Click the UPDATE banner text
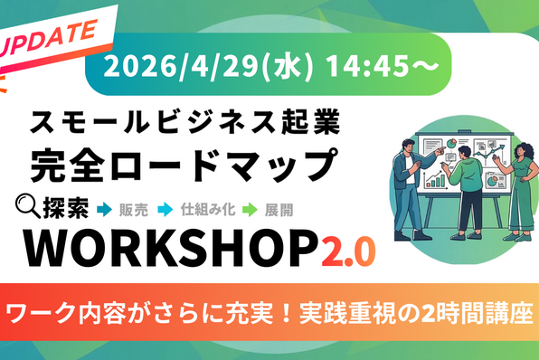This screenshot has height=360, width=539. pyautogui.click(x=48, y=38)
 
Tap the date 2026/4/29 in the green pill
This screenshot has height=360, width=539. pyautogui.click(x=181, y=65)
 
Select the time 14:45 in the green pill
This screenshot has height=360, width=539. pyautogui.click(x=367, y=65)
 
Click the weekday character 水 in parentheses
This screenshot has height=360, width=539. pyautogui.click(x=288, y=66)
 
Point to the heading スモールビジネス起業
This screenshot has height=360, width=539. pyautogui.click(x=184, y=122)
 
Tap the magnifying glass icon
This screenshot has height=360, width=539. pyautogui.click(x=28, y=206)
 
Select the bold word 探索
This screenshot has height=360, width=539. pyautogui.click(x=66, y=208)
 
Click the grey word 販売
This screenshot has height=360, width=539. pyautogui.click(x=134, y=210)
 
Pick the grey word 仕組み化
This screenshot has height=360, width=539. pyautogui.click(x=208, y=210)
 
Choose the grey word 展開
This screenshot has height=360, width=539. pyautogui.click(x=279, y=210)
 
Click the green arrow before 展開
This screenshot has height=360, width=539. pyautogui.click(x=250, y=210)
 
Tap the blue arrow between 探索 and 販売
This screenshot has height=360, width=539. pyautogui.click(x=105, y=210)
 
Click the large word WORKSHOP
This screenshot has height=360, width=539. pyautogui.click(x=171, y=249)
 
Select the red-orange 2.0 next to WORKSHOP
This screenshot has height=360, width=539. pyautogui.click(x=348, y=251)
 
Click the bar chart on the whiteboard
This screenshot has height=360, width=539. pyautogui.click(x=435, y=181)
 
